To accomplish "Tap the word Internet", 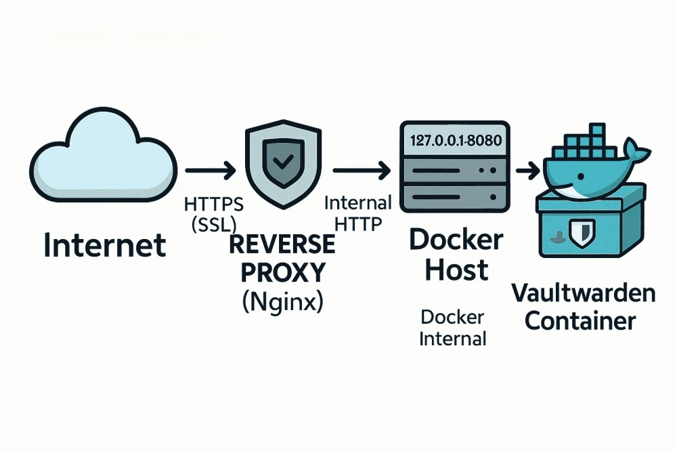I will [105, 244].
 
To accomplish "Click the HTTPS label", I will [213, 202].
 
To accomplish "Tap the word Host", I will [456, 270].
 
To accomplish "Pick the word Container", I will [580, 320].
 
